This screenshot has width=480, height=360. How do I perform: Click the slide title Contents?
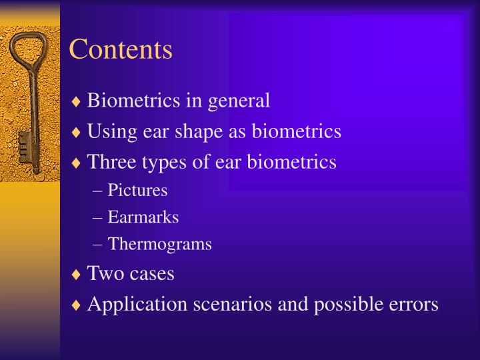[121, 50]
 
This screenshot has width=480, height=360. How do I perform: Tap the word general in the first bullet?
[239, 101]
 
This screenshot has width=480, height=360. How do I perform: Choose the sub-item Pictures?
[137, 191]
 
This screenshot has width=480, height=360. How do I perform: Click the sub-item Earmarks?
[143, 217]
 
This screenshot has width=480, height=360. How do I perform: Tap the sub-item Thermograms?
[160, 244]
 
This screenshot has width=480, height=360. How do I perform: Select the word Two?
[102, 273]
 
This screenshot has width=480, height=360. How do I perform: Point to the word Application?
[138, 305]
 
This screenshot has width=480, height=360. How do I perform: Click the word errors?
[414, 304]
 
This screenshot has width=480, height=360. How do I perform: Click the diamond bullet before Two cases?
[77, 274]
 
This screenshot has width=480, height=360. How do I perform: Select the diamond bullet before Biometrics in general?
[77, 101]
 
